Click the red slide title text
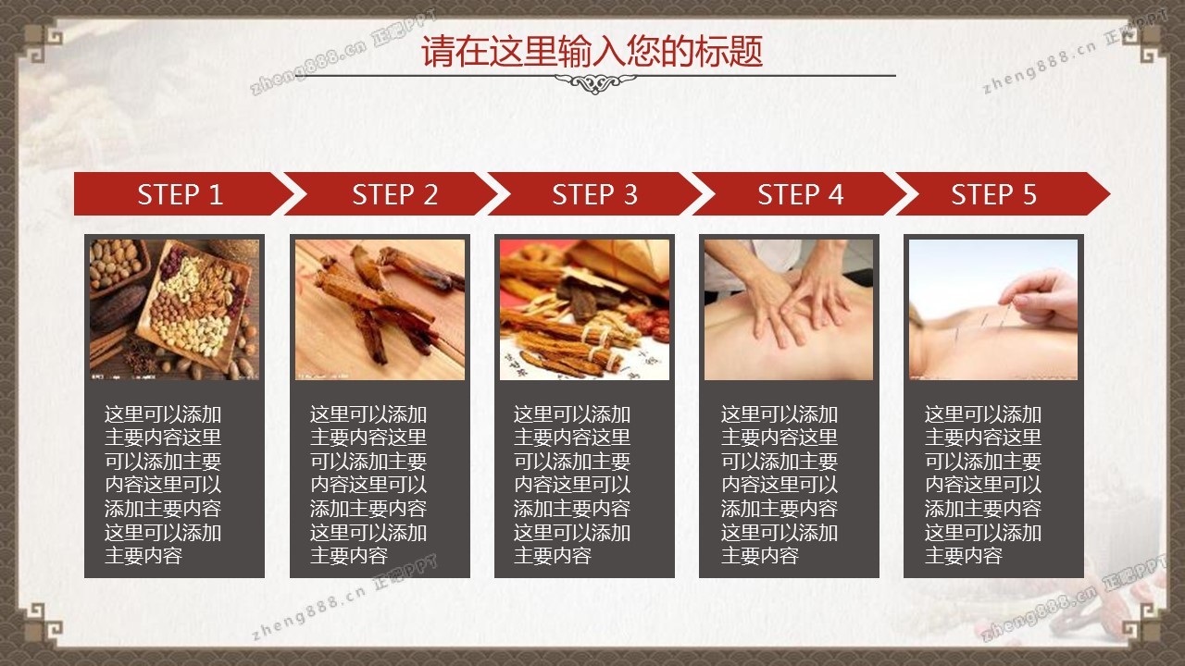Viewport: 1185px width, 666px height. (592, 52)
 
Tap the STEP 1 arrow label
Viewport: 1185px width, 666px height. (180, 194)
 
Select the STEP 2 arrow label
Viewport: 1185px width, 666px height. (395, 194)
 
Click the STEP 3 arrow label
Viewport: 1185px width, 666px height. (595, 194)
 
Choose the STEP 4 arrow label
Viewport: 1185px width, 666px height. (801, 194)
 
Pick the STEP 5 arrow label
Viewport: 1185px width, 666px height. (994, 194)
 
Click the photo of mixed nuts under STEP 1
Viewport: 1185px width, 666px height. (175, 310)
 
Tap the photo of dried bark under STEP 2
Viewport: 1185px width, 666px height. (380, 310)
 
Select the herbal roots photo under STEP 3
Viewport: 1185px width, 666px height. (584, 310)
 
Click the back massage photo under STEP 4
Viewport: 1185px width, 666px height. (789, 310)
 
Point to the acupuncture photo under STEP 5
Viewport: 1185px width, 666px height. (993, 310)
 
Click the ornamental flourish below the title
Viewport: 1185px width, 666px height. (595, 83)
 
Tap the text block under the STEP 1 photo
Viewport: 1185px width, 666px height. (163, 485)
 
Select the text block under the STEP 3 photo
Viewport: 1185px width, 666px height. (572, 485)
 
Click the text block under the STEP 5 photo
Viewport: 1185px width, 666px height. (983, 485)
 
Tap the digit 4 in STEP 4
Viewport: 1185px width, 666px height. (835, 194)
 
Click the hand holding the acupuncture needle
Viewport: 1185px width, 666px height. (1042, 296)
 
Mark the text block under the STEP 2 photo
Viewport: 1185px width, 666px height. (368, 485)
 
